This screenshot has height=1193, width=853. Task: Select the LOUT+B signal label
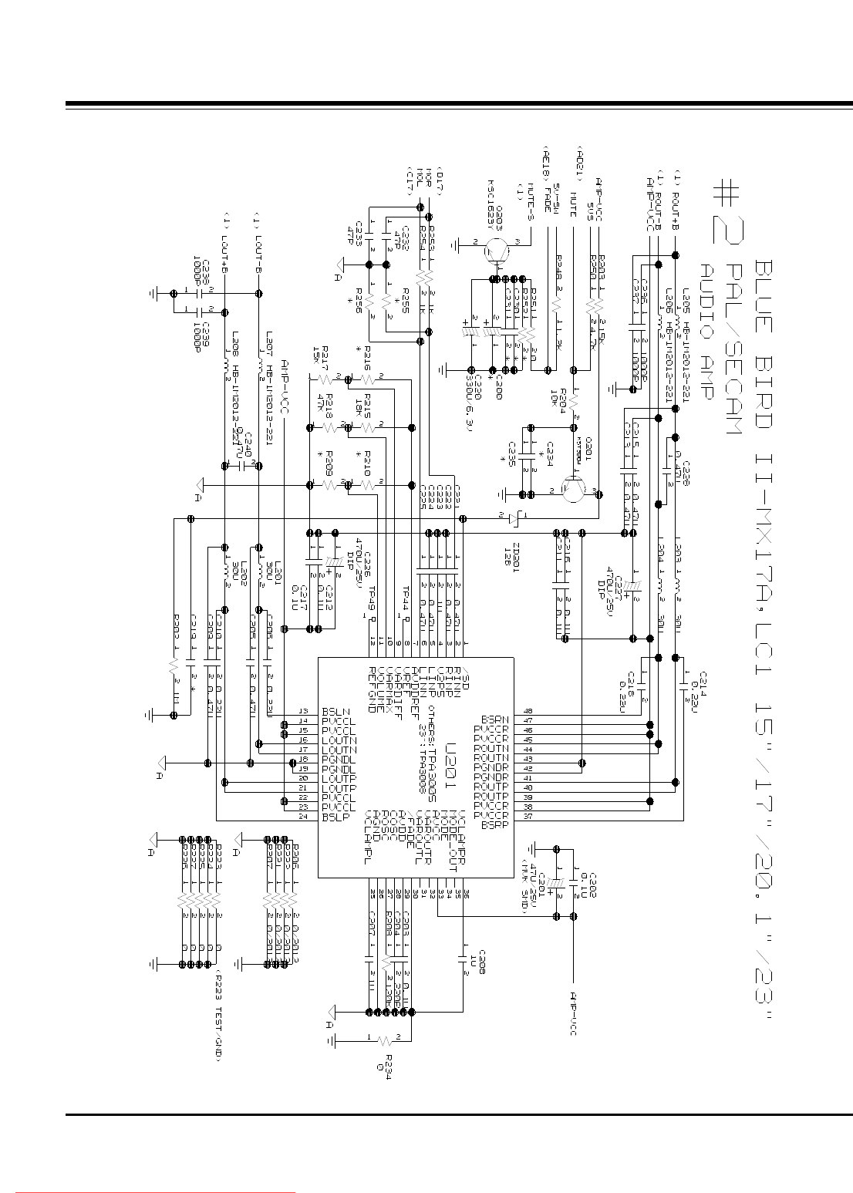[x=224, y=242]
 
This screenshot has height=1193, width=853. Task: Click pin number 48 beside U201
[x=528, y=711]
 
